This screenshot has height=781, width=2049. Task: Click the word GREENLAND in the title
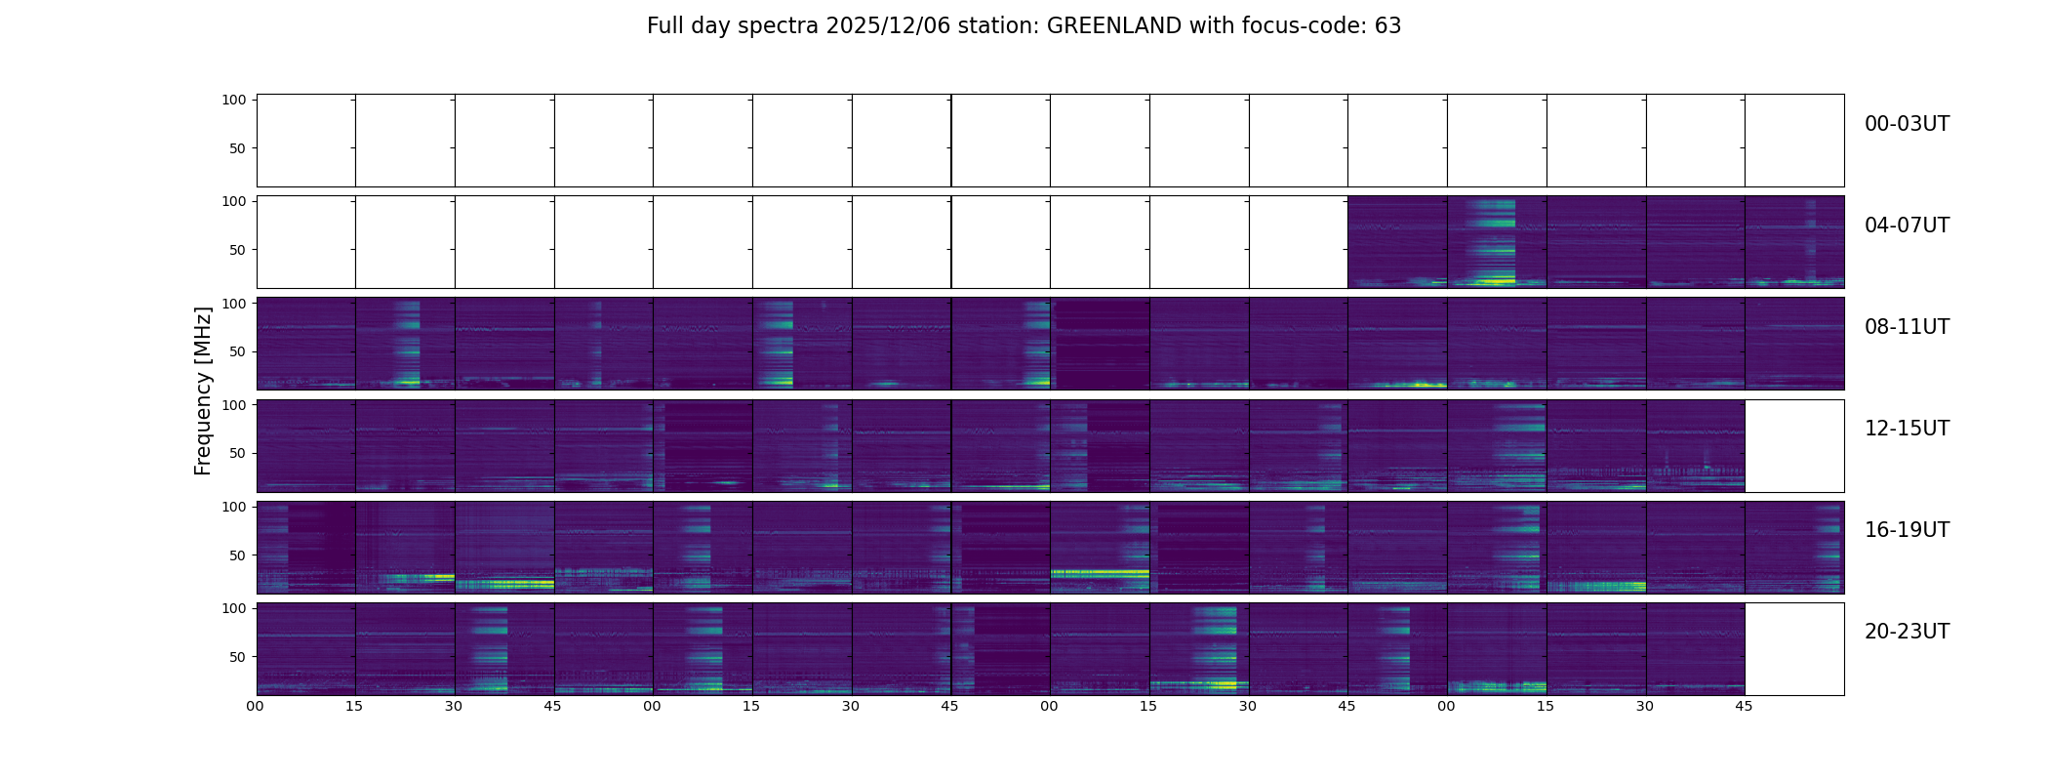[1113, 26]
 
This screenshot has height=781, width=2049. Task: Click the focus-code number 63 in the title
[1387, 26]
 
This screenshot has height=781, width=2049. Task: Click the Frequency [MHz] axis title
[203, 390]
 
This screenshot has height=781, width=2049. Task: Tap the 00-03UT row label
[1907, 124]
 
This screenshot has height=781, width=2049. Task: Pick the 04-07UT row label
[1907, 226]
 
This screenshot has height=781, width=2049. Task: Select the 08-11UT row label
[1907, 327]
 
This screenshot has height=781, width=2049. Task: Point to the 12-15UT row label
[1907, 429]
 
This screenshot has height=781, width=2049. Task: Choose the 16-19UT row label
[1907, 530]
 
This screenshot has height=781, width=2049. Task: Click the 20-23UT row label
[1907, 632]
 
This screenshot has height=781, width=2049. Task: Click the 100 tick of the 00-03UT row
[234, 100]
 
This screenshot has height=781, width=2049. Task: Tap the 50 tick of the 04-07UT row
[238, 250]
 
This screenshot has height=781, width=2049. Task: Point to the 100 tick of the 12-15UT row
[234, 404]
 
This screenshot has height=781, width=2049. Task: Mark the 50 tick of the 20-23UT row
[238, 657]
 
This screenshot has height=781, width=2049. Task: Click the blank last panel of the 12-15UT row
[1794, 445]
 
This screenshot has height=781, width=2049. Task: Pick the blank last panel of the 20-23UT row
[1794, 648]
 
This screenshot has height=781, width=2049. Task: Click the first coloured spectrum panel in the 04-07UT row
[1397, 242]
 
